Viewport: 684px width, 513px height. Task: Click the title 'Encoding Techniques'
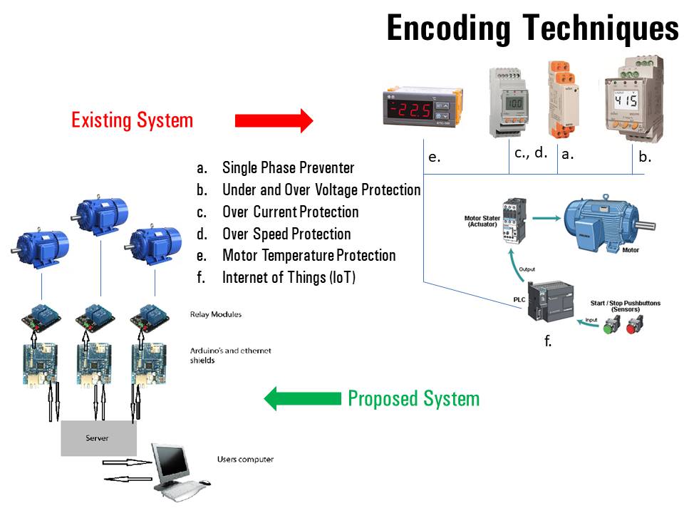(x=532, y=28)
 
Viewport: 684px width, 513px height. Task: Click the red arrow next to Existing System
(x=274, y=120)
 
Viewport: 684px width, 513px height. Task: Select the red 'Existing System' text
(x=132, y=120)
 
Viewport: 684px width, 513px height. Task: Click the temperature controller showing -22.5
(x=423, y=108)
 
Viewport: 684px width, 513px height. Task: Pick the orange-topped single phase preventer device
(x=562, y=99)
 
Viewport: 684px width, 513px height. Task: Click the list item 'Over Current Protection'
(x=290, y=212)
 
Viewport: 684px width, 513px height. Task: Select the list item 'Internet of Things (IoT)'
(x=289, y=277)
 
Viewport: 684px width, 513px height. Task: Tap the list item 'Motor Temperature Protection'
(x=309, y=255)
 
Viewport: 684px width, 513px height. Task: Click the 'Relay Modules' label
(x=216, y=313)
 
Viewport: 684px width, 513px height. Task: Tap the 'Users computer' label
(x=245, y=460)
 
